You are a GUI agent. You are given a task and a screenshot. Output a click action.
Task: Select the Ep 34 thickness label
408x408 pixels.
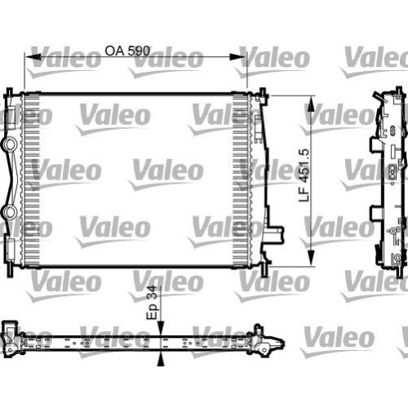(x=151, y=303)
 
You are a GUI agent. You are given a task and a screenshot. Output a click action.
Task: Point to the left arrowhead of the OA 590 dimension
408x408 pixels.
(x=31, y=59)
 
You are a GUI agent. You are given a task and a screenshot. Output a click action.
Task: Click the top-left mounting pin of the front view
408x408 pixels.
(x=9, y=87)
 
